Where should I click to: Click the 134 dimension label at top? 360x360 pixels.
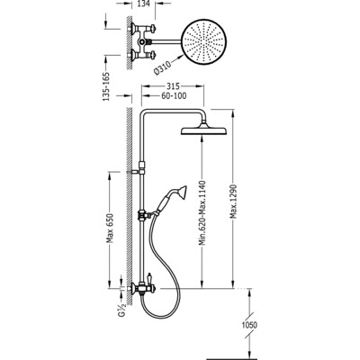144,4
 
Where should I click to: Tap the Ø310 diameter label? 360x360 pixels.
162,67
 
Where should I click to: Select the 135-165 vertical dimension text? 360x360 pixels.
107,86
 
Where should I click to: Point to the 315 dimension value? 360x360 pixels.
173,86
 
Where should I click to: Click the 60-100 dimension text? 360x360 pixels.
173,96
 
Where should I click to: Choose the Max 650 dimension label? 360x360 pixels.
111,229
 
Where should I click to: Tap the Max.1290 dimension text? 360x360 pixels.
234,201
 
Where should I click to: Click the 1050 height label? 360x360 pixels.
249,325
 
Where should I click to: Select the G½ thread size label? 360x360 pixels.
121,309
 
